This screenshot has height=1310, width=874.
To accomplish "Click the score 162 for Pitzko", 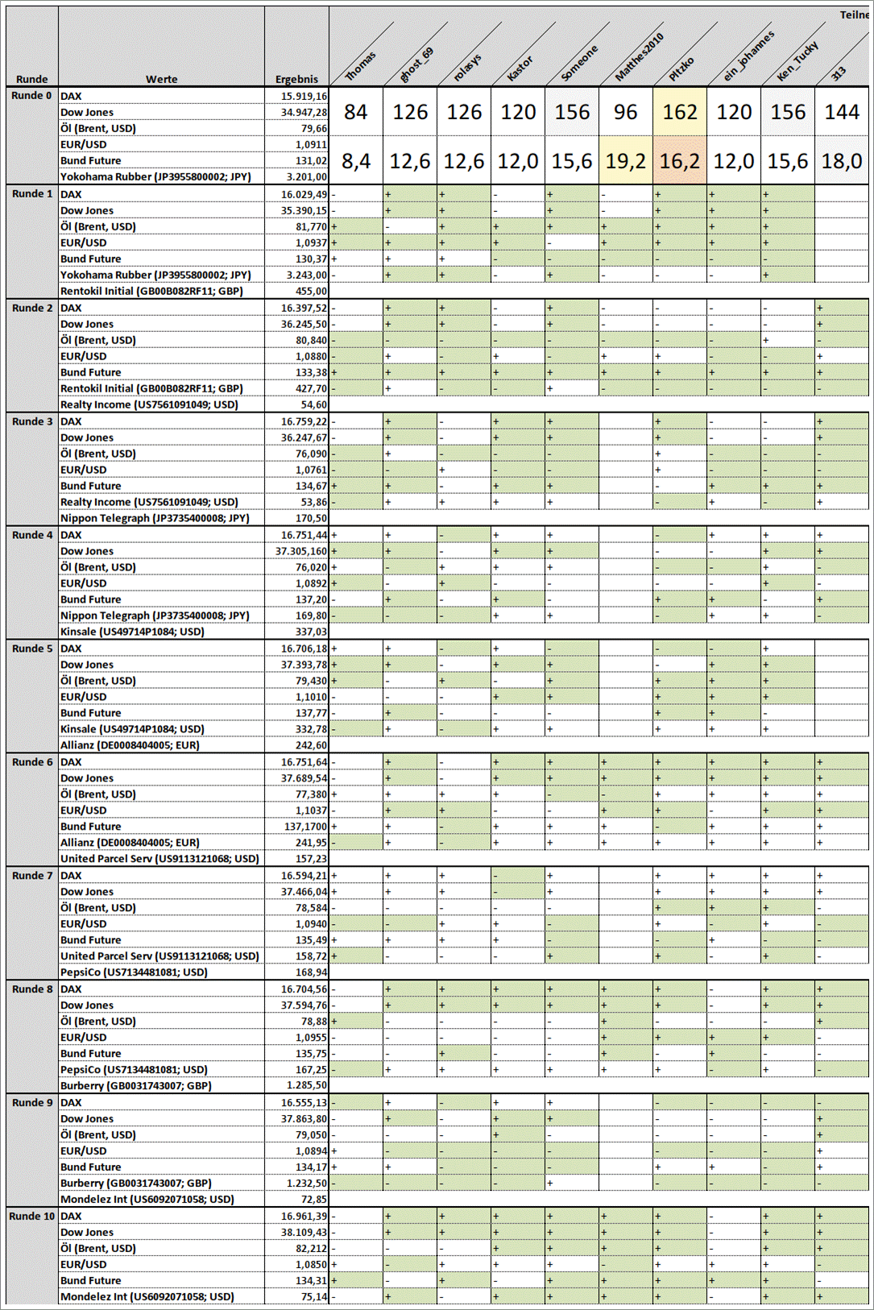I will pyautogui.click(x=680, y=112).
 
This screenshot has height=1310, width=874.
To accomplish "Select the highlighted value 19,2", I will pyautogui.click(x=626, y=162).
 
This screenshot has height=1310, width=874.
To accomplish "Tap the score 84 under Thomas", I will pyautogui.click(x=355, y=112).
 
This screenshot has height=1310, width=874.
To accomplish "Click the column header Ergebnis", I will pyautogui.click(x=296, y=79).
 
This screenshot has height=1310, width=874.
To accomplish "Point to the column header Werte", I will pyautogui.click(x=161, y=79).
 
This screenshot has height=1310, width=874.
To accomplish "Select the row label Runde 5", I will pyautogui.click(x=32, y=649).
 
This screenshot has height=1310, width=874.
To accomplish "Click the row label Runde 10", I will pyautogui.click(x=32, y=1216).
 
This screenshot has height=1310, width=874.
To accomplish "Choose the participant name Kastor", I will pyautogui.click(x=520, y=68).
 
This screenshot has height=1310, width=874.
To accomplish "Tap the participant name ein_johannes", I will pyautogui.click(x=748, y=56).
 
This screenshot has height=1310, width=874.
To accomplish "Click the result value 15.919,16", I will pyautogui.click(x=304, y=96).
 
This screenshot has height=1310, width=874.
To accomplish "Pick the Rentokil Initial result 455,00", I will pyautogui.click(x=311, y=291).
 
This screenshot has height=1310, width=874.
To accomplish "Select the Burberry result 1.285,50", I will pyautogui.click(x=307, y=1085).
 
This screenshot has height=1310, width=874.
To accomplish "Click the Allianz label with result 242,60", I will pyautogui.click(x=130, y=745).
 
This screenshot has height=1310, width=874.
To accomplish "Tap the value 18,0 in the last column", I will pyautogui.click(x=842, y=162).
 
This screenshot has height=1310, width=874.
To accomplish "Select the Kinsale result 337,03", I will pyautogui.click(x=311, y=632).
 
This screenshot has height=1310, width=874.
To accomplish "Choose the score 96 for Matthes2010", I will pyautogui.click(x=626, y=112).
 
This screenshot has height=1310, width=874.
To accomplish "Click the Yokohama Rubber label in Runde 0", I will pyautogui.click(x=155, y=176).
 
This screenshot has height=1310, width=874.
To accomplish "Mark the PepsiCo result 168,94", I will pyautogui.click(x=311, y=972).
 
